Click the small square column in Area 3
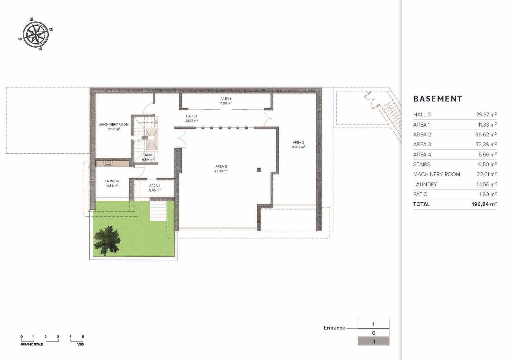tap(259, 170)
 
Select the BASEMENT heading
tap(437, 99)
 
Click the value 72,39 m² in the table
tap(486, 144)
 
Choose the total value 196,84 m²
tap(484, 204)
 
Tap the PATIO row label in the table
tap(420, 194)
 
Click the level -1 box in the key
tap(373, 342)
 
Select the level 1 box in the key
tap(373, 324)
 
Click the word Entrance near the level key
tap(334, 328)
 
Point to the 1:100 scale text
tap(80, 344)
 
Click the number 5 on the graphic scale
tap(83, 336)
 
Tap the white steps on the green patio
tap(158, 211)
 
